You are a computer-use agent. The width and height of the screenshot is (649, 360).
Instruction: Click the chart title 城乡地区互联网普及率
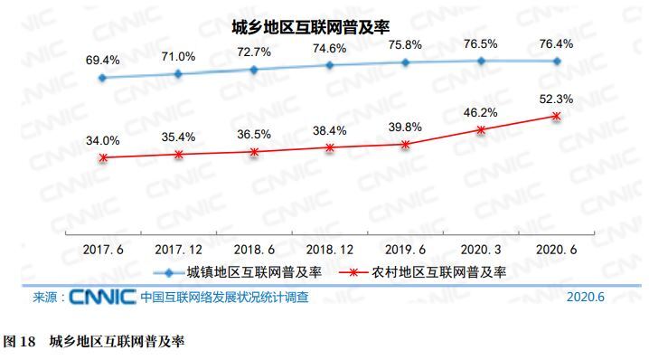coord(323,26)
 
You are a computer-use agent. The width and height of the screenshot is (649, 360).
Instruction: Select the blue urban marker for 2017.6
coord(103,78)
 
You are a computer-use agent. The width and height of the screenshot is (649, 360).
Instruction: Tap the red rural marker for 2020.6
coord(557,116)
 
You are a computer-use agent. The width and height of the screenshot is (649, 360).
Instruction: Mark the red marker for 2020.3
coord(481,130)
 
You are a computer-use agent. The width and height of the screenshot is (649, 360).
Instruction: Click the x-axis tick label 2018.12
coord(330,247)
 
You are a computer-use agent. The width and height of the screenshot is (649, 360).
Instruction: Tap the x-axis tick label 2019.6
coord(406,247)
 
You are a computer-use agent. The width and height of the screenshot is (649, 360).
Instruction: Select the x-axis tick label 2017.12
coord(178,247)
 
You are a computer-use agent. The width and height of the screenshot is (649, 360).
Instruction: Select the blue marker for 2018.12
coord(330,65)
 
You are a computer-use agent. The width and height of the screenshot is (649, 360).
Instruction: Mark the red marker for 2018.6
coord(254,151)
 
